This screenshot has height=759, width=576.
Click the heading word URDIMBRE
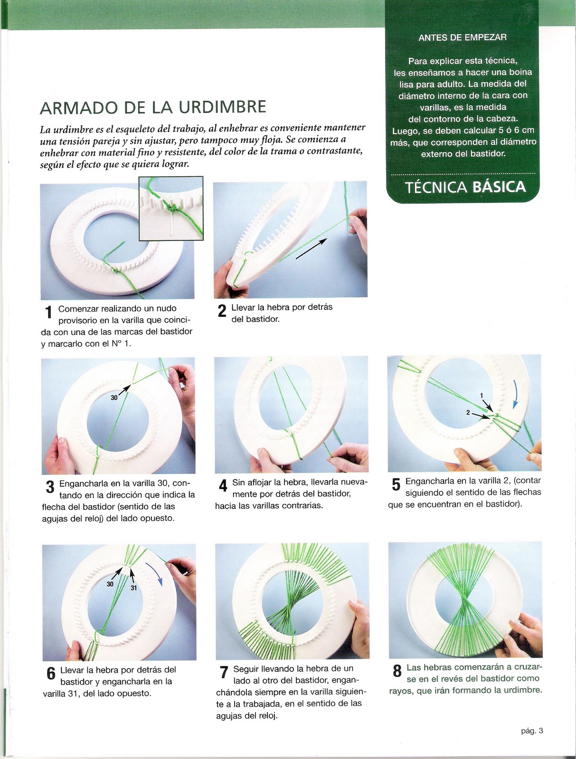pos(222,107)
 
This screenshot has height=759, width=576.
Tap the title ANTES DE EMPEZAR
pos(462,37)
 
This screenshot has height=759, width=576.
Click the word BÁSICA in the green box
pos(499,187)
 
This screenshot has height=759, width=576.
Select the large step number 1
pos(48,313)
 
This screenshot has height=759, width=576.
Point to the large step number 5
pos(396,485)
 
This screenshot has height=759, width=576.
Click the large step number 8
pos(397,672)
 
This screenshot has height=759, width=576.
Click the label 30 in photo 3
pos(114,398)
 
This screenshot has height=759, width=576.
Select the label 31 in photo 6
pos(134,588)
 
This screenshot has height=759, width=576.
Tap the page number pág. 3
pos(531,731)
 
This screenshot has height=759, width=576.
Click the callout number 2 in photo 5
pos(468,413)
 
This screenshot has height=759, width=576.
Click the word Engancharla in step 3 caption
pos(84,484)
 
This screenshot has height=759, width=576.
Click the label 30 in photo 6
pos(110,584)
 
